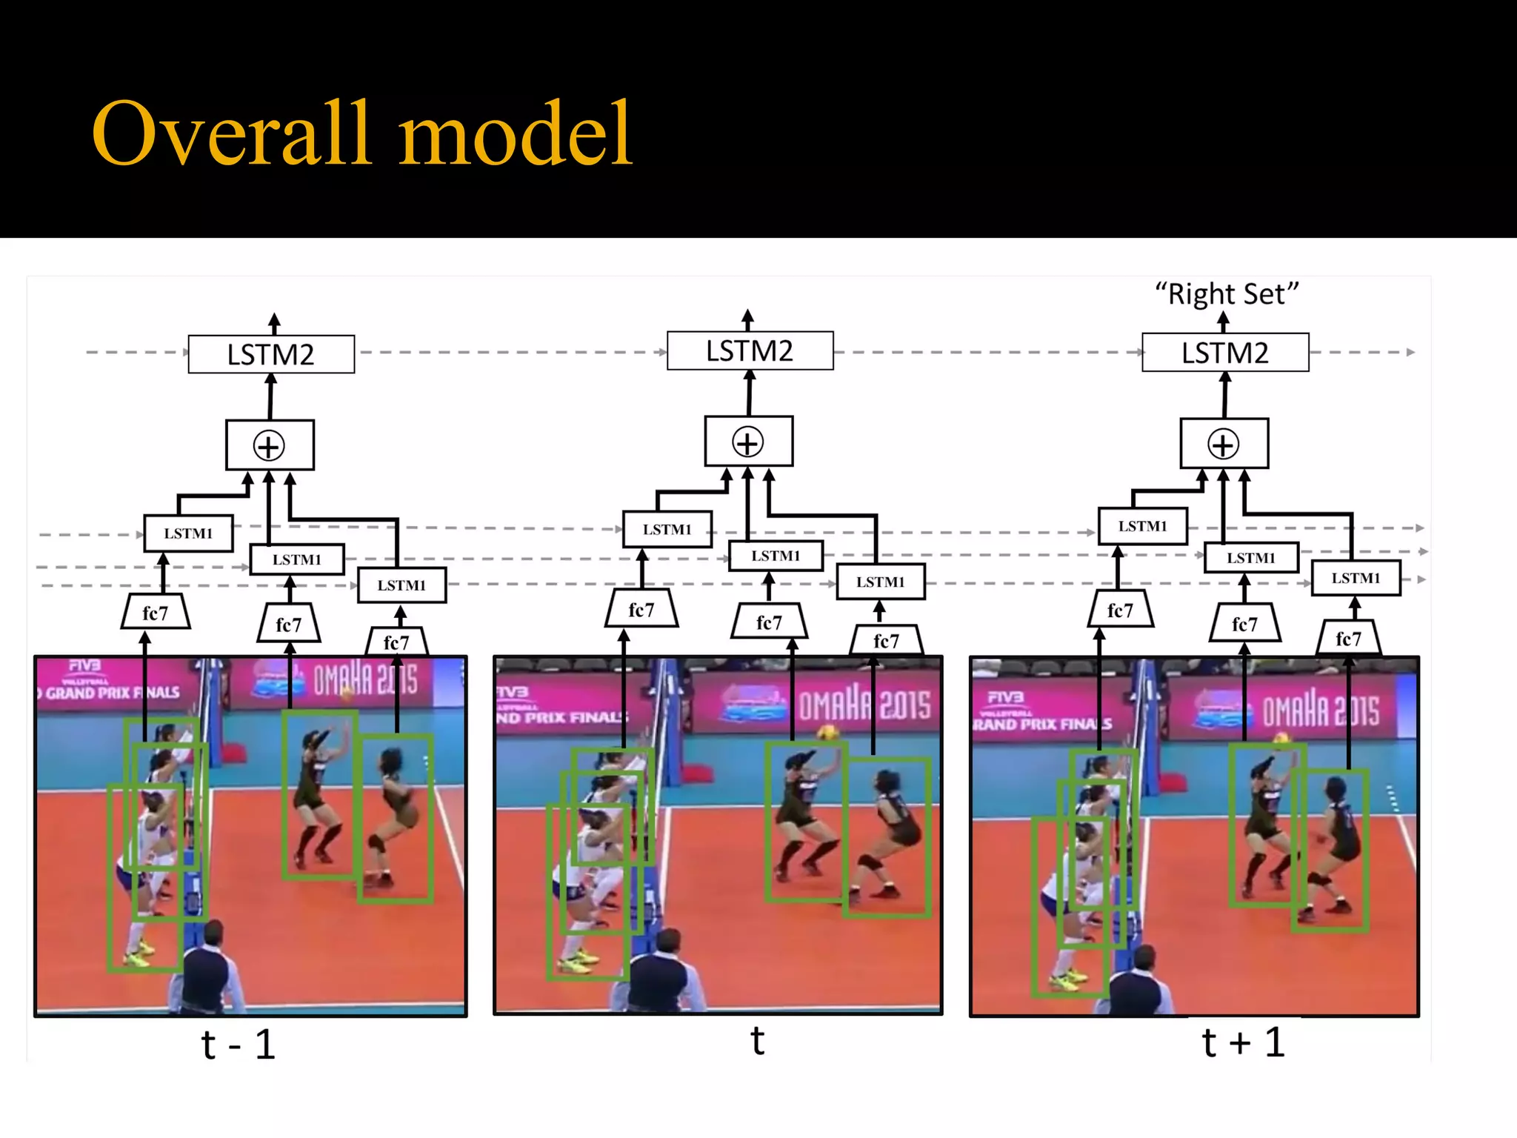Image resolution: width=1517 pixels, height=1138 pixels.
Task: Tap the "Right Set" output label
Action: pyautogui.click(x=1227, y=294)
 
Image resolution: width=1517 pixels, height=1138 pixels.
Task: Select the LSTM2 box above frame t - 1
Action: pyautogui.click(x=271, y=354)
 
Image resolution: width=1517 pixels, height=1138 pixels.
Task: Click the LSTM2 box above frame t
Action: pyautogui.click(x=750, y=350)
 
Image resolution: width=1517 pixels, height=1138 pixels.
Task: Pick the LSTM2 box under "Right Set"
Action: pyautogui.click(x=1225, y=353)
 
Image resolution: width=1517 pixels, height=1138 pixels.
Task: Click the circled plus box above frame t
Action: pyautogui.click(x=748, y=442)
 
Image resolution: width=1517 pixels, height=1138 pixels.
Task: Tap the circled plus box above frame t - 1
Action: pyautogui.click(x=270, y=445)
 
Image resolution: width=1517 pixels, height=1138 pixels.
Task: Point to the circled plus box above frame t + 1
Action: pyautogui.click(x=1224, y=444)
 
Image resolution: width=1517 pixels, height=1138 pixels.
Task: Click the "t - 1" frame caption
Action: pyautogui.click(x=239, y=1045)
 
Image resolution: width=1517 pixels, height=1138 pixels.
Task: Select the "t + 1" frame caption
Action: pyautogui.click(x=1243, y=1042)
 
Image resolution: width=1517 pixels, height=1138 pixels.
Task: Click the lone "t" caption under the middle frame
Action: pyautogui.click(x=757, y=1041)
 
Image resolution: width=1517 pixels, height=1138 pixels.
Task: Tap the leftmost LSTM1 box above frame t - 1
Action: pyautogui.click(x=188, y=533)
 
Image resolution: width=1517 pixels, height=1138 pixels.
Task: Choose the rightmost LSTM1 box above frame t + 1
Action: pyautogui.click(x=1356, y=578)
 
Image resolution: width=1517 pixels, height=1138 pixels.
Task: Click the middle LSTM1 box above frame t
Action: pyautogui.click(x=776, y=556)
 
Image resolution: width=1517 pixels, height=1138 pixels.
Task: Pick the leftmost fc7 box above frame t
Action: pyautogui.click(x=641, y=610)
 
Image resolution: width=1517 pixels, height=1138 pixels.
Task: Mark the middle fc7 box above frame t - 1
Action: pyautogui.click(x=289, y=625)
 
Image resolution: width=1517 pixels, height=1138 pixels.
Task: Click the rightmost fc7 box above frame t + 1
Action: pyautogui.click(x=1348, y=639)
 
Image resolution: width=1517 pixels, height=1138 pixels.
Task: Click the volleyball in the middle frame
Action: pyautogui.click(x=827, y=733)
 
